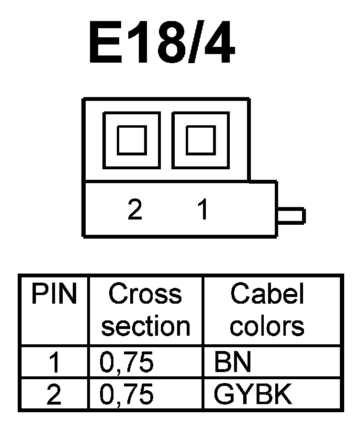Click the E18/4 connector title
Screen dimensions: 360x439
coord(162,43)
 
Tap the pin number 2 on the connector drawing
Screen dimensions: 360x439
coord(135,209)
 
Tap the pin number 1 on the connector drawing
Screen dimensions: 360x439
coord(203,209)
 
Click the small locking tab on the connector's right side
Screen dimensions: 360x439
coord(291,216)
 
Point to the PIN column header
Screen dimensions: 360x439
coord(54,295)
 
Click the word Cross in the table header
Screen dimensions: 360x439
coord(145,295)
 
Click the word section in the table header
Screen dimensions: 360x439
coord(146,326)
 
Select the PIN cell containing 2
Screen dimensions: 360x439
coord(55,395)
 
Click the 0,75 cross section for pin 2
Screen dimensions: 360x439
coord(126,395)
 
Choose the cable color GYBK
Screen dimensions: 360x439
coord(253,395)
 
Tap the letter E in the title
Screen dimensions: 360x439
coord(104,43)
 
